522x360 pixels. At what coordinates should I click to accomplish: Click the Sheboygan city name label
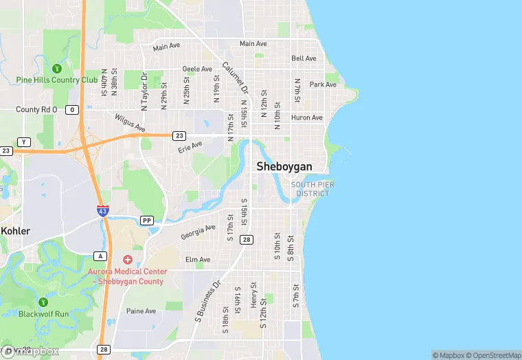[284, 166]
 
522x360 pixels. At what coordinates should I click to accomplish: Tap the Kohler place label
[15, 231]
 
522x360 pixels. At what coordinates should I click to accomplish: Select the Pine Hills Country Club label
[57, 80]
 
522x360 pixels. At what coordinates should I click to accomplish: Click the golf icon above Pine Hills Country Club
[57, 68]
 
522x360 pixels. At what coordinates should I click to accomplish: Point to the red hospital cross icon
[127, 260]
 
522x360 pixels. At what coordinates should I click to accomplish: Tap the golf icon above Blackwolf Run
[44, 302]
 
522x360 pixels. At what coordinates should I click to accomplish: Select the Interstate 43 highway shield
[102, 212]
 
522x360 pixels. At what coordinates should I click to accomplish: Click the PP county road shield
[146, 221]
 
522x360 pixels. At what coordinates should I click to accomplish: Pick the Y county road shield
[25, 142]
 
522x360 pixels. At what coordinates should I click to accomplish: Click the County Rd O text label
[37, 109]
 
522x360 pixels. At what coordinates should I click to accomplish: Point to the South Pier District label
[310, 189]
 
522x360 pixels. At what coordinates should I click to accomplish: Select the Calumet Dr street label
[235, 78]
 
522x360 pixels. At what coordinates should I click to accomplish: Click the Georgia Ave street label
[198, 232]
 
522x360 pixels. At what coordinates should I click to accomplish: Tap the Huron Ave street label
[306, 117]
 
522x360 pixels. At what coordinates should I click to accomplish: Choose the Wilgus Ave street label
[130, 123]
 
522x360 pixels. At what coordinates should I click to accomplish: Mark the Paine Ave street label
[141, 311]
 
